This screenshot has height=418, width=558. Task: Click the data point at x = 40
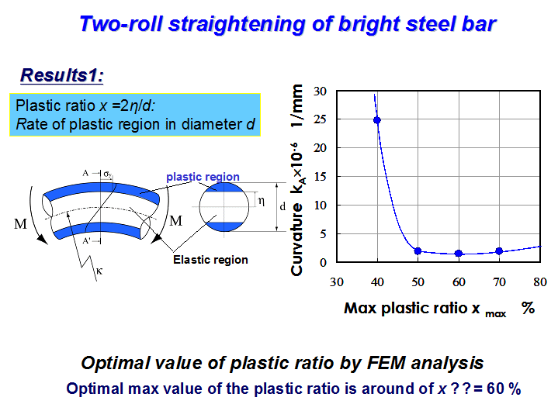click(377, 120)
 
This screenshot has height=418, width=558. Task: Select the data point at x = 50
click(418, 251)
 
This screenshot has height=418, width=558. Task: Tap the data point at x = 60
click(459, 254)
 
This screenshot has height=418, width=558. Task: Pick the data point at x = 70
click(499, 251)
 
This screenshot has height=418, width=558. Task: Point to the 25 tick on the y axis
click(320, 119)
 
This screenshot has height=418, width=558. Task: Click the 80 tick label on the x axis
click(540, 282)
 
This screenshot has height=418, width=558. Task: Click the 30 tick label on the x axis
click(336, 282)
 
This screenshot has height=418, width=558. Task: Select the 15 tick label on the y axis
click(320, 177)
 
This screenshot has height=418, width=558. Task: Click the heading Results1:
click(62, 75)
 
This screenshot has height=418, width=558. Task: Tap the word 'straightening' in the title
click(237, 25)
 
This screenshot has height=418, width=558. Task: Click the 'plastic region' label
click(203, 177)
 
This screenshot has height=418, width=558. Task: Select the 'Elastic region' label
click(210, 260)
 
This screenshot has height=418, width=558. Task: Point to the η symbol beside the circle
click(262, 202)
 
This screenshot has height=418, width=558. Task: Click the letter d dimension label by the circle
click(282, 206)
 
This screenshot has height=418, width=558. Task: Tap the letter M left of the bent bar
click(20, 224)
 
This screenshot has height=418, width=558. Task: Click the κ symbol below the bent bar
click(99, 271)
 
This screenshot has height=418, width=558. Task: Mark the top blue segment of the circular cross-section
click(224, 188)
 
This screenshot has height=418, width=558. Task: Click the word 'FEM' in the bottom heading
click(386, 363)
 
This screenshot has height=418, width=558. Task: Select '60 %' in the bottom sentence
click(504, 389)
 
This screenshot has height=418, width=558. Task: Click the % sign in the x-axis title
click(528, 308)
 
